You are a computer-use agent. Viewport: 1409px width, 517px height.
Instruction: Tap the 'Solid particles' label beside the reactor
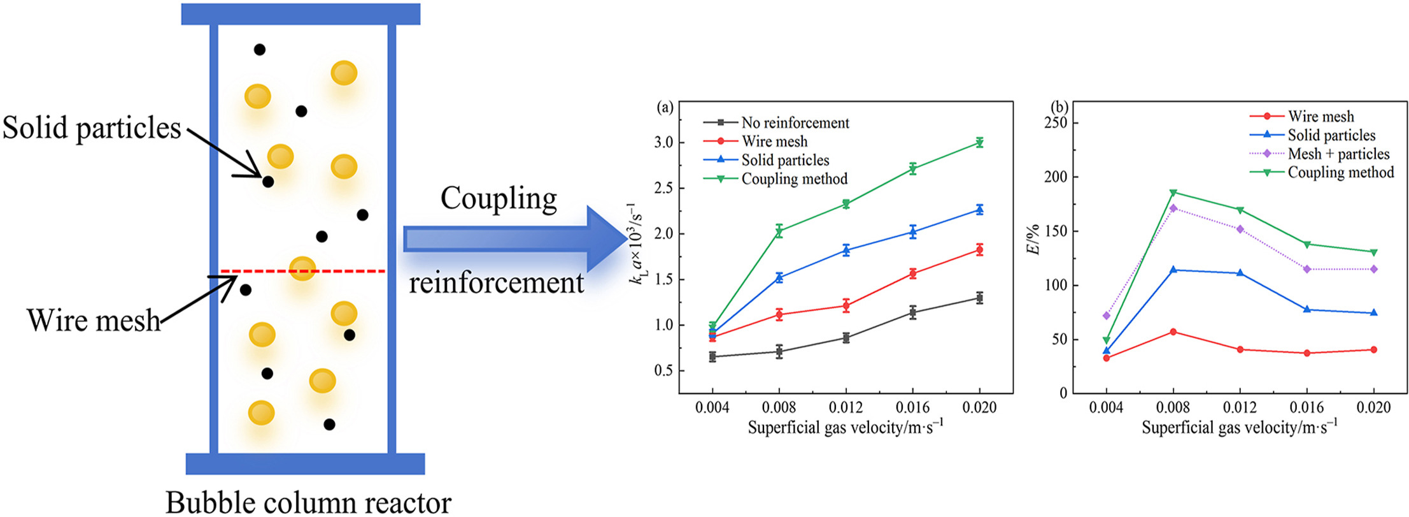[x=92, y=128]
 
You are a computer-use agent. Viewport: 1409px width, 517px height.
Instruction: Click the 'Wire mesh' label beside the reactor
[x=93, y=320]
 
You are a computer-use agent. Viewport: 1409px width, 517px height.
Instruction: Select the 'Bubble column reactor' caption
[x=308, y=502]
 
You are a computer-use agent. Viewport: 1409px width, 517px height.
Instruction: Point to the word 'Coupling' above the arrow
[x=499, y=198]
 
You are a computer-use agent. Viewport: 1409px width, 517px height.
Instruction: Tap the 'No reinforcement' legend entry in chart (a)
[x=795, y=122]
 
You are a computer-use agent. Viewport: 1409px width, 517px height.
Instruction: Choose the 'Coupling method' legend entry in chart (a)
[x=794, y=178]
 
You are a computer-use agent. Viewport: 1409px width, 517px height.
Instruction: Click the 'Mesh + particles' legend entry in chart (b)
[x=1338, y=154]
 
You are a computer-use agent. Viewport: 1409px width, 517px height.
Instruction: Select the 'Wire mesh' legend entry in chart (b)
[x=1320, y=116]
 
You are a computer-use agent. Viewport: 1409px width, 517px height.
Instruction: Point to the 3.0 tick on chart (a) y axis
[x=663, y=143]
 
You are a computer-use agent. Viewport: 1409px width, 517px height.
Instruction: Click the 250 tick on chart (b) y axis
[x=1056, y=123]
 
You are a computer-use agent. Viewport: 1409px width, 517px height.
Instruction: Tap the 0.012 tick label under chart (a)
[x=846, y=407]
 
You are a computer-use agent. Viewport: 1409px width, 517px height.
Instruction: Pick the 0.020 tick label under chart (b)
[x=1373, y=407]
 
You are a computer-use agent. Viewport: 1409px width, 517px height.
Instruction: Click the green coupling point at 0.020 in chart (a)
[x=979, y=143]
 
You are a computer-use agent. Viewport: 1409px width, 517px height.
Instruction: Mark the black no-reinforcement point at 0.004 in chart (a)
[x=712, y=356]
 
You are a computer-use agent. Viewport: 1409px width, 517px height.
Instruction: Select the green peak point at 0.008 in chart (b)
[x=1173, y=193]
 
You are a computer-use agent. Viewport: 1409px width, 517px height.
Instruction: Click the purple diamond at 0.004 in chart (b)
[x=1107, y=316]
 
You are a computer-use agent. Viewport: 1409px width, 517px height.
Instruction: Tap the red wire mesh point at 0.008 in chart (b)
[x=1173, y=331]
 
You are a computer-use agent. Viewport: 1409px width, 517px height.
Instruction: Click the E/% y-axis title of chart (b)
[x=1034, y=239]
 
